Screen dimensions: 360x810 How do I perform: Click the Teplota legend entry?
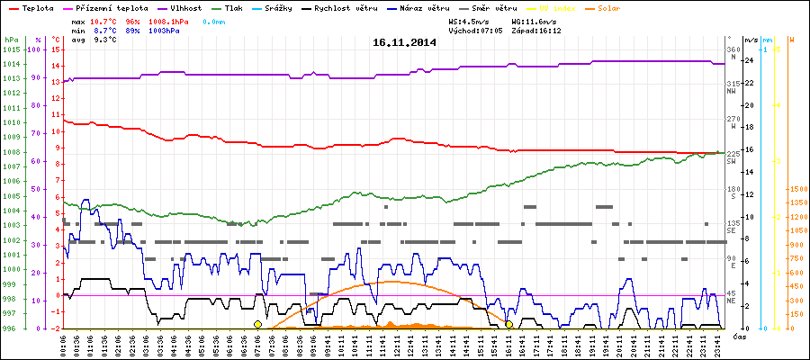[37, 7]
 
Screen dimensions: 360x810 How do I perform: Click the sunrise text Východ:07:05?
[475, 30]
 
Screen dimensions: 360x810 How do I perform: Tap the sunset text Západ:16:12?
[536, 30]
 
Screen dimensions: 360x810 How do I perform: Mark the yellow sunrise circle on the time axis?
[257, 324]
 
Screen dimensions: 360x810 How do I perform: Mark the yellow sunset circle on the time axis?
[508, 324]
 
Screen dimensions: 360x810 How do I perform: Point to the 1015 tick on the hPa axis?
[11, 49]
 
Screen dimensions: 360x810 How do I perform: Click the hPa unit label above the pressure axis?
[11, 40]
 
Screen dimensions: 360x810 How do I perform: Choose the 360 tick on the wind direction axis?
[732, 49]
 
